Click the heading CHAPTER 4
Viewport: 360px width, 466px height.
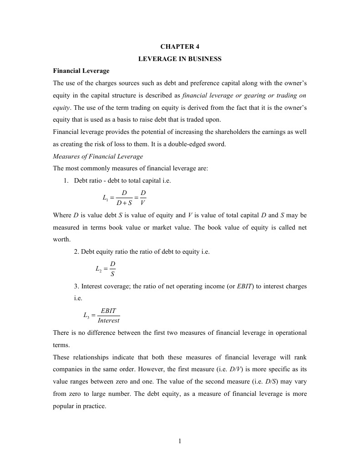pyautogui.click(x=180, y=46)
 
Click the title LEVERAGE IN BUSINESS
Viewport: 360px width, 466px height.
pyautogui.click(x=180, y=59)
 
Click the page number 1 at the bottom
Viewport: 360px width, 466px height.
pyautogui.click(x=180, y=440)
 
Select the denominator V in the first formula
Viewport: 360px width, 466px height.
pyautogui.click(x=143, y=202)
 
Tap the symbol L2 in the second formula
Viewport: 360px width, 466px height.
pyautogui.click(x=99, y=269)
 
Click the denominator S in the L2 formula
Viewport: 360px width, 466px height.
pyautogui.click(x=113, y=274)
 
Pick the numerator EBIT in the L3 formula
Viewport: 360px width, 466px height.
pyautogui.click(x=108, y=311)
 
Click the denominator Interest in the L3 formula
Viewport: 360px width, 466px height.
pyautogui.click(x=108, y=320)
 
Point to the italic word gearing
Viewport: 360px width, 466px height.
pyautogui.click(x=245, y=96)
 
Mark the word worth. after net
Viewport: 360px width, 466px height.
pyautogui.click(x=62, y=239)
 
